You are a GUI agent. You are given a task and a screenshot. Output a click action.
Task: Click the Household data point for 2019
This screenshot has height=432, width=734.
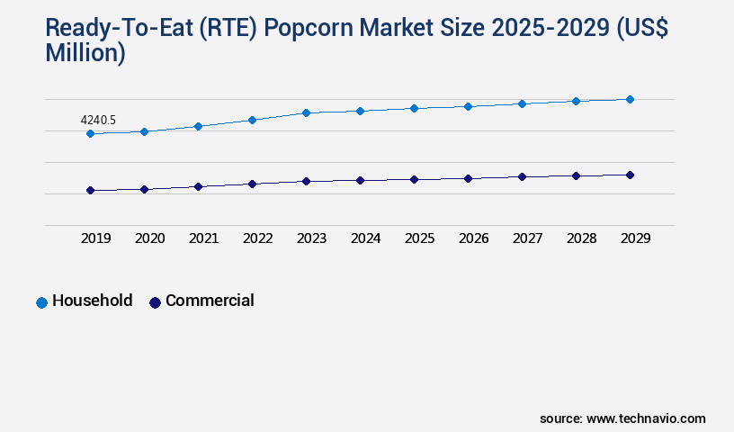coord(90,133)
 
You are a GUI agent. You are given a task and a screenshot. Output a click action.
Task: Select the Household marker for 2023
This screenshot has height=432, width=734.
coord(306,112)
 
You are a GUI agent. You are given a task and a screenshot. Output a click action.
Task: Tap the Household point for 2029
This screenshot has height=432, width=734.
coord(630,99)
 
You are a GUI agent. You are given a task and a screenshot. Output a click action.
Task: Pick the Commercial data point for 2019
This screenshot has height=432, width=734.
coord(90,190)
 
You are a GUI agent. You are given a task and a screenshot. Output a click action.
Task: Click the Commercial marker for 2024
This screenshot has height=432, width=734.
coord(360,180)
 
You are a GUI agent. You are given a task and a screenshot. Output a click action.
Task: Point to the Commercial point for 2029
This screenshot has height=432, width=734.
coord(630,175)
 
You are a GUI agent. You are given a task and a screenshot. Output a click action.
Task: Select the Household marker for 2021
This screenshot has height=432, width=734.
coord(198,126)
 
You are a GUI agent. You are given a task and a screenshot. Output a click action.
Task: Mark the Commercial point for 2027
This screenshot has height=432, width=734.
coord(522,176)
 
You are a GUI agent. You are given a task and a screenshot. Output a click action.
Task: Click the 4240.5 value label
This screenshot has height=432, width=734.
coord(98,120)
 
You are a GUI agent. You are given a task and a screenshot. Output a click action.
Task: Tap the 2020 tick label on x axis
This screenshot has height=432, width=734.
coord(149,238)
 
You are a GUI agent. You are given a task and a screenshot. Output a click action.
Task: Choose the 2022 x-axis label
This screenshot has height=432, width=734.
coord(257,238)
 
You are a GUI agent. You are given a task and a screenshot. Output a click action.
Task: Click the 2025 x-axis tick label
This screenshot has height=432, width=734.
coord(419,238)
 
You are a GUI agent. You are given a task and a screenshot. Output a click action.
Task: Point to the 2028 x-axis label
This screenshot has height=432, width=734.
coord(581,238)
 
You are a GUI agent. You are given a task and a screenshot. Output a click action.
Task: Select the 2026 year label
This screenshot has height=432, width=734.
coord(473,238)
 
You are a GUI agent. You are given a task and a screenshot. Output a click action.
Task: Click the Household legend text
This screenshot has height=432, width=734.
coord(93,301)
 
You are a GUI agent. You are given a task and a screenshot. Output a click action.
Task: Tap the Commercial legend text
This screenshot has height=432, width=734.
coord(210,301)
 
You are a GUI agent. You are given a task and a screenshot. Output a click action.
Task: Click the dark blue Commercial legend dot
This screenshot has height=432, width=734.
coord(155,302)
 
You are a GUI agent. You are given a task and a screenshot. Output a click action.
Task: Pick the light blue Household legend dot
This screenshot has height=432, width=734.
coord(41,302)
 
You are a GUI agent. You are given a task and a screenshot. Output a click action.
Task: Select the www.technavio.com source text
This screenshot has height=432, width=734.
coord(646,418)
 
